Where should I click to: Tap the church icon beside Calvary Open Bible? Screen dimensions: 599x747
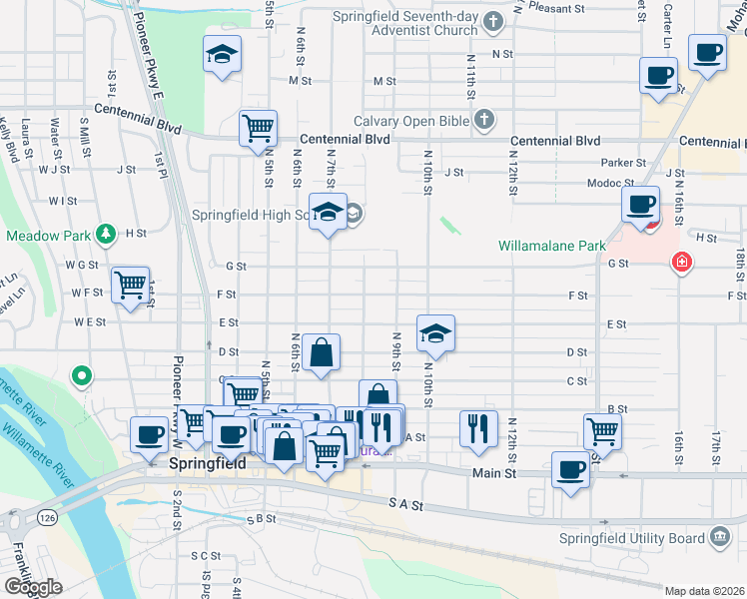click(x=484, y=121)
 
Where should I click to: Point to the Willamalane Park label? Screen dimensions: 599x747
click(x=553, y=245)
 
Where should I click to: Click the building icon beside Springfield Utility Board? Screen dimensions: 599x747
click(x=719, y=539)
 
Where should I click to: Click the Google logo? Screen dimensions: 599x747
click(x=33, y=587)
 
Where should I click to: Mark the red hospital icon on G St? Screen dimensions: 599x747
click(x=682, y=263)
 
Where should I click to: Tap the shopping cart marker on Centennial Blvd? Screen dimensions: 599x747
click(x=258, y=129)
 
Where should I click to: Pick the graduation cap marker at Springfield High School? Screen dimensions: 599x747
click(x=327, y=213)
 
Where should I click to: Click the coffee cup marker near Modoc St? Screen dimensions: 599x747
click(x=640, y=205)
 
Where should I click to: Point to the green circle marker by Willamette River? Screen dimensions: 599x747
click(x=82, y=376)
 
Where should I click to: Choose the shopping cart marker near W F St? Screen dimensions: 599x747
click(x=130, y=286)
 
